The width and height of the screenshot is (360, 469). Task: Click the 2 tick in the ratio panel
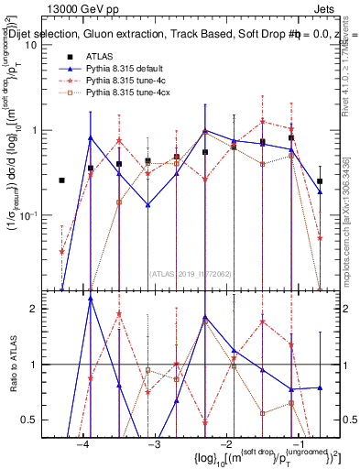(x=41, y=309)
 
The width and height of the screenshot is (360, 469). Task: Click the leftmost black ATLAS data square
(x=61, y=180)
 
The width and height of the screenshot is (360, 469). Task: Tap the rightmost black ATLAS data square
(x=320, y=181)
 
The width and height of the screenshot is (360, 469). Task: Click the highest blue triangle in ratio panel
(x=91, y=299)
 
